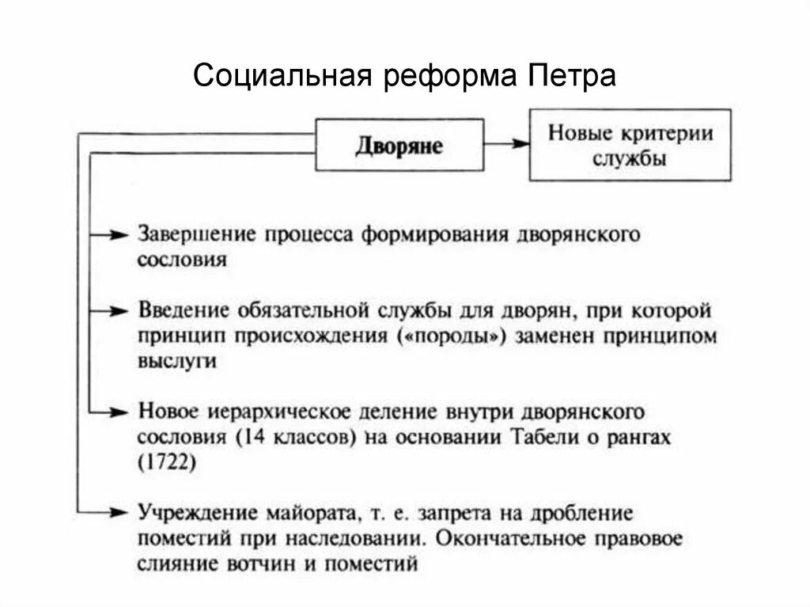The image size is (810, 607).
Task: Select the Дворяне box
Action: coord(399,144)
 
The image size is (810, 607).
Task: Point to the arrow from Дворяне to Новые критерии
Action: coord(506,144)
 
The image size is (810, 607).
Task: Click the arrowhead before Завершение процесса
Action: coord(119,234)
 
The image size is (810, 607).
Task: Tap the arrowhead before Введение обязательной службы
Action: coord(119,309)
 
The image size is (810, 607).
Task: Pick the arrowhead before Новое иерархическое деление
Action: coord(119,412)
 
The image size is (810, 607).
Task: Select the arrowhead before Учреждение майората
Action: coord(119,512)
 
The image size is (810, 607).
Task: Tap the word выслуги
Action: coord(176,361)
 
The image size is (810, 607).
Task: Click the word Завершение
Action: coord(198,234)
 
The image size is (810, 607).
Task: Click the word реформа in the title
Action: coord(446,77)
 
